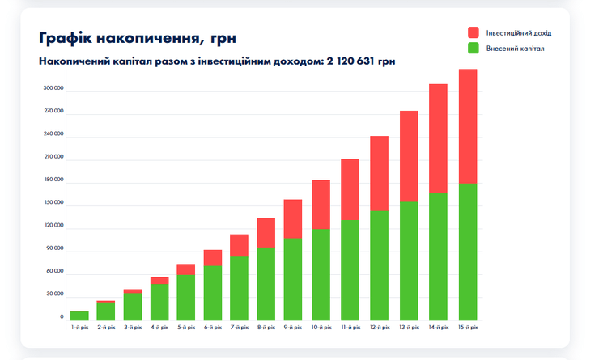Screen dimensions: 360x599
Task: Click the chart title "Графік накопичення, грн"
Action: tap(137, 38)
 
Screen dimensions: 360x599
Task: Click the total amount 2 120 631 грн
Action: tap(361, 61)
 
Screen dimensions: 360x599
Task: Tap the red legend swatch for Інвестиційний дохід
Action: tap(474, 32)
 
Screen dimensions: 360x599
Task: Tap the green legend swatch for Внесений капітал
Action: tap(474, 49)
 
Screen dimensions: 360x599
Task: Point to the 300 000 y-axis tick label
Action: tap(53, 87)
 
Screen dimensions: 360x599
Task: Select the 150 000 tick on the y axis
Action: tap(53, 202)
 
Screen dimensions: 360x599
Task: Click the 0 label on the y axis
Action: tap(62, 316)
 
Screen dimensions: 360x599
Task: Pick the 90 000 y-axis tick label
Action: tap(55, 248)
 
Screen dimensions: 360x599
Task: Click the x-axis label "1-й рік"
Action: tap(79, 327)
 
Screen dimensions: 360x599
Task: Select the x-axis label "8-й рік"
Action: tap(266, 327)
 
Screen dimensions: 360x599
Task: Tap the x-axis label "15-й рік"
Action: tap(468, 327)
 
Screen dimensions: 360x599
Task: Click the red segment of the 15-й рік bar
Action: tap(468, 126)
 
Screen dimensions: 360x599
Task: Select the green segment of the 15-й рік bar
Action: tap(468, 252)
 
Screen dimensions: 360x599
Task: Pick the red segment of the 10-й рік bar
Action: tap(321, 204)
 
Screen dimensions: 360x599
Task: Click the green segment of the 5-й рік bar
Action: tap(186, 297)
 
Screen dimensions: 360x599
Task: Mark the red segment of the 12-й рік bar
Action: tap(380, 173)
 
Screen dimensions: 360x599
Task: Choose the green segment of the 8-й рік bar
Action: tap(266, 283)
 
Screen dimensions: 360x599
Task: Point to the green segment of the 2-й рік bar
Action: tap(106, 311)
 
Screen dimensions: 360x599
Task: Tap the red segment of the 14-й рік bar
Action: tap(438, 138)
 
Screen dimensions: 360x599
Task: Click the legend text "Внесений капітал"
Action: tap(515, 49)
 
